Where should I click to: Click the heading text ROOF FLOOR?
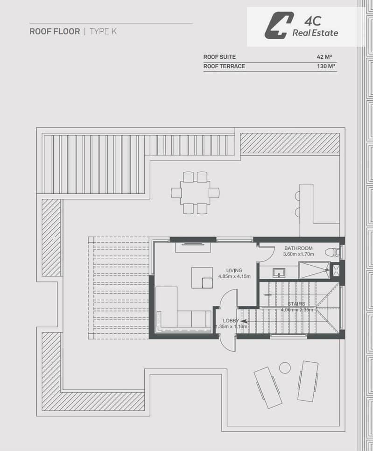[55, 31]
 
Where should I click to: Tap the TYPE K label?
[103, 31]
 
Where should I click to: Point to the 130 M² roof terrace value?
[326, 66]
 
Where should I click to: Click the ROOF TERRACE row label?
[224, 66]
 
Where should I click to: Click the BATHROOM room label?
[298, 248]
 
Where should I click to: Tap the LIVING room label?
[234, 270]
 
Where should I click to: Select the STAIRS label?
[296, 304]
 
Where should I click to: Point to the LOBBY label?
[231, 321]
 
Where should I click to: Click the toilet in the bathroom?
[333, 252]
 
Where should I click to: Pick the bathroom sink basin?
[279, 272]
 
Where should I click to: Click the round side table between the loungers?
[285, 367]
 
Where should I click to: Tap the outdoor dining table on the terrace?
[195, 193]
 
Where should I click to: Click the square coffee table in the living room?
[202, 278]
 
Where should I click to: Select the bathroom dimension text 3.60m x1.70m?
[298, 254]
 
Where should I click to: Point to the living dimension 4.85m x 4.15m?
[234, 276]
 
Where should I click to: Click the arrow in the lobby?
[244, 321]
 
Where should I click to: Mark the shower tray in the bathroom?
[314, 270]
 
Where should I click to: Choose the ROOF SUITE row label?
[219, 57]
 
